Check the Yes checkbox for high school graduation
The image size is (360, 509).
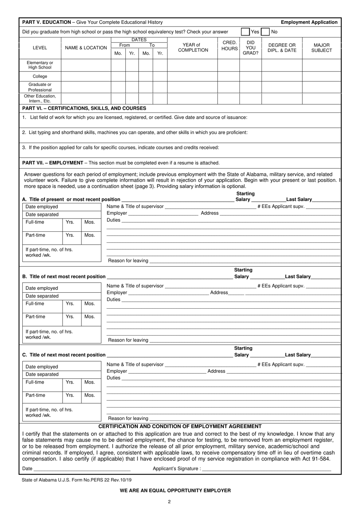(246, 32)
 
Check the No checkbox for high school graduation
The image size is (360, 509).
(265, 32)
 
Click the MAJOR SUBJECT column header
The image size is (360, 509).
(321, 48)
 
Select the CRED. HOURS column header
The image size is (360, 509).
(229, 45)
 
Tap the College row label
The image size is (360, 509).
(40, 77)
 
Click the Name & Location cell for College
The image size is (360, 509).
(86, 77)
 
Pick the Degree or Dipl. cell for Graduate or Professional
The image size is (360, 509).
(282, 87)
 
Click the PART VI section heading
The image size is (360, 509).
(84, 108)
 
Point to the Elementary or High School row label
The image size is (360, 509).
(40, 65)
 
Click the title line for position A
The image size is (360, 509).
(177, 199)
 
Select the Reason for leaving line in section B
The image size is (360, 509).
(244, 340)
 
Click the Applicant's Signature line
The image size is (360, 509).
(266, 469)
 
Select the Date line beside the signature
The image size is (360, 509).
(82, 469)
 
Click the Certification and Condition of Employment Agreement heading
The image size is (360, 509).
(180, 426)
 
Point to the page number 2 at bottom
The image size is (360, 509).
(169, 502)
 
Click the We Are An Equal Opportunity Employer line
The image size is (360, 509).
(175, 490)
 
